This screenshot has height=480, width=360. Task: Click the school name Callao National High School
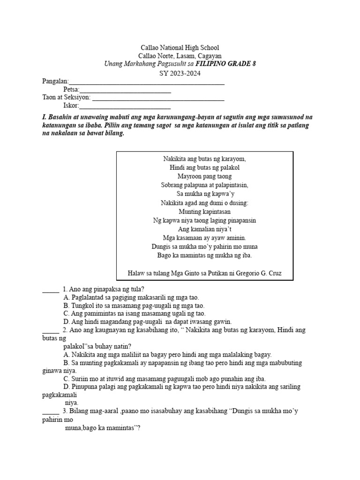coord(180,48)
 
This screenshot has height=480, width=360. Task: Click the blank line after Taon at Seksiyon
coord(157,99)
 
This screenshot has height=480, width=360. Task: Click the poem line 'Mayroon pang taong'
coord(204,176)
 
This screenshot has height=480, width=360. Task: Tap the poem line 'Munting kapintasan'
coord(204,211)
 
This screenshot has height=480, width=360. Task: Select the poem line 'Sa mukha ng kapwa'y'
coord(204,194)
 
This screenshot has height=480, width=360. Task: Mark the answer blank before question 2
coord(51,330)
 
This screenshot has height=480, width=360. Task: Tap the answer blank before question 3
coord(51,412)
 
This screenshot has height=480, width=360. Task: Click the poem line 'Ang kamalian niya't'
coord(204,229)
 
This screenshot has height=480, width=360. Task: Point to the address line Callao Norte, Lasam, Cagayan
coord(180,56)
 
